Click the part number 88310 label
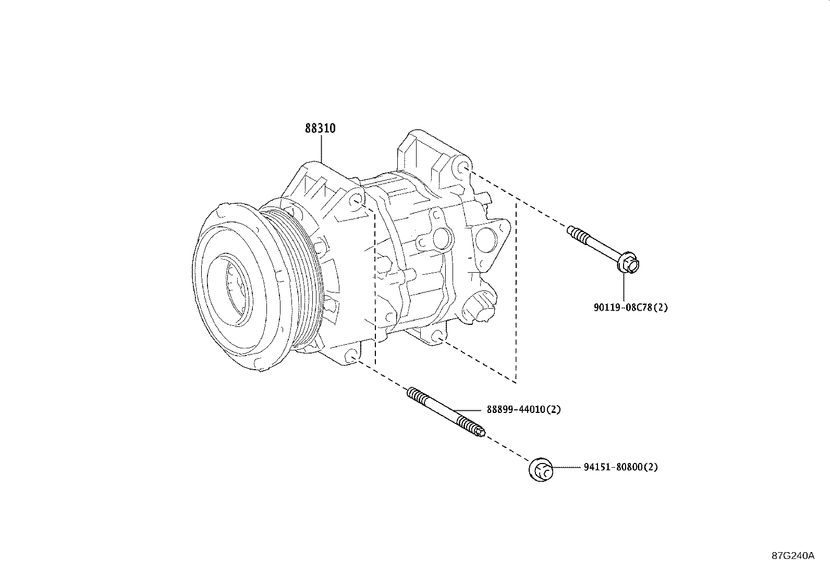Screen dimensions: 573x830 click(x=320, y=128)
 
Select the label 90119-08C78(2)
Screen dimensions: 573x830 click(x=630, y=307)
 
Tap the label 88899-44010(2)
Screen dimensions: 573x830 click(x=523, y=410)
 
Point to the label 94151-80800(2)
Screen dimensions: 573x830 click(x=620, y=467)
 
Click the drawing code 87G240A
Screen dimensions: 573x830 click(x=792, y=556)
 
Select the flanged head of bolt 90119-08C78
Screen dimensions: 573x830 click(x=629, y=264)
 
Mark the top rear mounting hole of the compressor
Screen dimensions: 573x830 click(x=463, y=168)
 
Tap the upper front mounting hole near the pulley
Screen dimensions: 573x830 click(x=356, y=202)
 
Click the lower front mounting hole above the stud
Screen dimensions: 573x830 click(x=351, y=357)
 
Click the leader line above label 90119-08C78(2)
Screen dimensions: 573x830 click(x=624, y=287)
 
